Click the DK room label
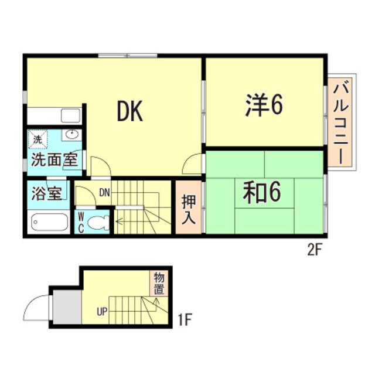coord(129,111)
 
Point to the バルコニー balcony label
coord(341,124)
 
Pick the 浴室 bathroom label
coord(46,193)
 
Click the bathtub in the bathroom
coord(49,222)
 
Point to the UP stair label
coord(102,312)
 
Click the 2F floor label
coord(315,250)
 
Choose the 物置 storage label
coord(159,283)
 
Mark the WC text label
coord(81,221)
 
